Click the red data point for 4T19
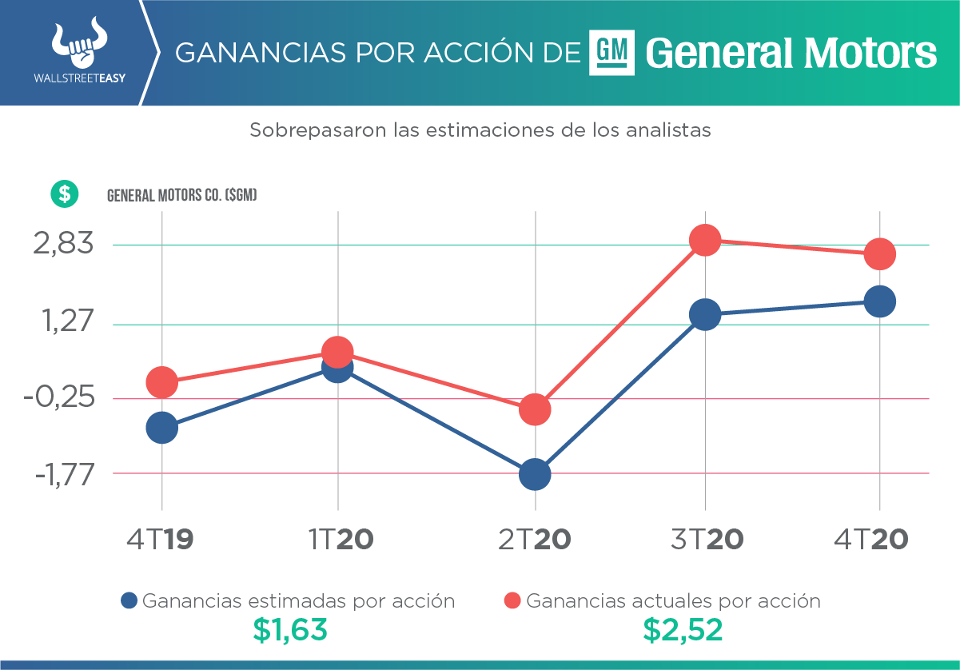tap(161, 382)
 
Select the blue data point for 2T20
tap(535, 474)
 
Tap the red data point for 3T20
tap(705, 239)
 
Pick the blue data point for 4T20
tap(880, 301)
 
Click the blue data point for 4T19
tap(161, 428)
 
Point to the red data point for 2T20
tap(535, 409)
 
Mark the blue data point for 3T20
tap(705, 314)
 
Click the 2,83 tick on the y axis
tap(63, 244)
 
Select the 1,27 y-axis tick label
tap(63, 324)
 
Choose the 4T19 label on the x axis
tap(160, 540)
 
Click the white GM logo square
tap(611, 53)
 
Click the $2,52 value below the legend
tap(683, 631)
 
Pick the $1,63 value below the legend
tap(290, 631)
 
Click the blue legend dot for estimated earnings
tap(129, 601)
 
